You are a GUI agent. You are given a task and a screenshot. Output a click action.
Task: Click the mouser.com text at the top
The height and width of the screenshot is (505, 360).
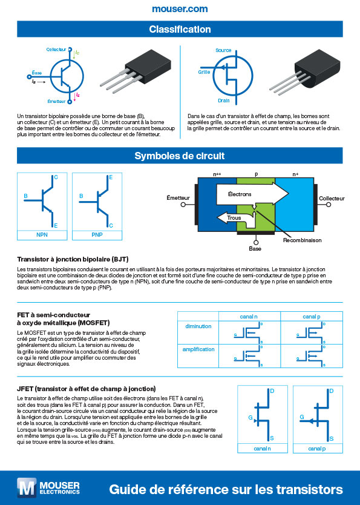[x=180, y=8]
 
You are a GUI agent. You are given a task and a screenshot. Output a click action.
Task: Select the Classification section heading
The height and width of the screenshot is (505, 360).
[x=180, y=30]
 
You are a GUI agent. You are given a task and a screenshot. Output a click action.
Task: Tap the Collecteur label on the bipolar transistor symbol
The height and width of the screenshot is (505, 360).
[x=56, y=48]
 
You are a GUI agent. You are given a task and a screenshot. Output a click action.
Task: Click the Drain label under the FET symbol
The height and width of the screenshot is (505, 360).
[x=224, y=101]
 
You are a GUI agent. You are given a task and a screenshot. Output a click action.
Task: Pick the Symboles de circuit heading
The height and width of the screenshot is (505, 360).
[x=180, y=156]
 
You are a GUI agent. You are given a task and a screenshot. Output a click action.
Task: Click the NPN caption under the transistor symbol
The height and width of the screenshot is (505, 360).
[x=42, y=234]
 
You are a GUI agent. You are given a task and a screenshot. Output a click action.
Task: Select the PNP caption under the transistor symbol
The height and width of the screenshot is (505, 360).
[x=97, y=234]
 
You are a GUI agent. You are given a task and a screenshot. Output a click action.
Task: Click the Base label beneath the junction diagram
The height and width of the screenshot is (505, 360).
[x=255, y=248]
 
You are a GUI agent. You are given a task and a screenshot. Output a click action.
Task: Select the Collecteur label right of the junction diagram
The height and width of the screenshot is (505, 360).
[x=332, y=199]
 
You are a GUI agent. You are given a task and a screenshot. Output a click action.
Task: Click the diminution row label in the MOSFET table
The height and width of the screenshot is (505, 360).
[x=198, y=327]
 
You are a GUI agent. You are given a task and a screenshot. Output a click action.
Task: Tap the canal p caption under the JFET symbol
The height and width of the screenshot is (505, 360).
[x=316, y=449]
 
